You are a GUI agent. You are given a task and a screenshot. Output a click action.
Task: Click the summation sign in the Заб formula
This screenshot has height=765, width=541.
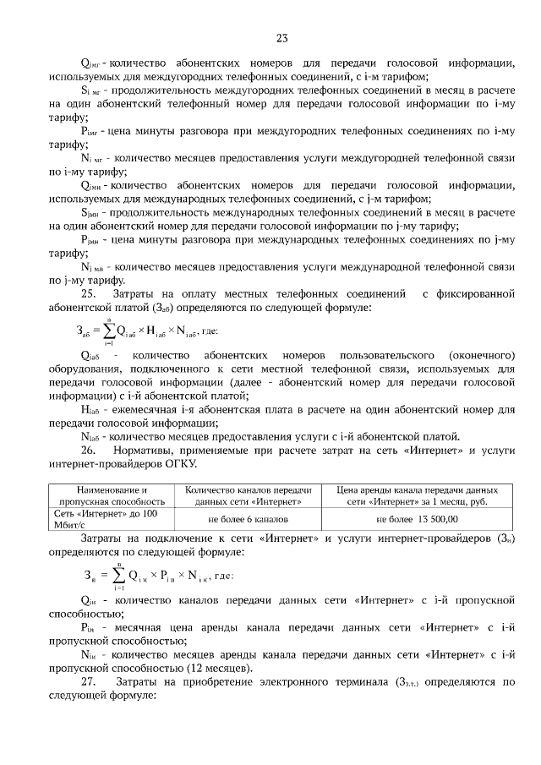pos(110,330)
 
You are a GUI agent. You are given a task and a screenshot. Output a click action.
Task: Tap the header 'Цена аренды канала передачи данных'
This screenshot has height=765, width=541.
pos(403,495)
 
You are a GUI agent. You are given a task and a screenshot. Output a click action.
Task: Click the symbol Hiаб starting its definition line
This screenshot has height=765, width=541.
pos(90,409)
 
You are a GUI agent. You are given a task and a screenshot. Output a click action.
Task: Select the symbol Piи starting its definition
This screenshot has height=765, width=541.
pos(90,628)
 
